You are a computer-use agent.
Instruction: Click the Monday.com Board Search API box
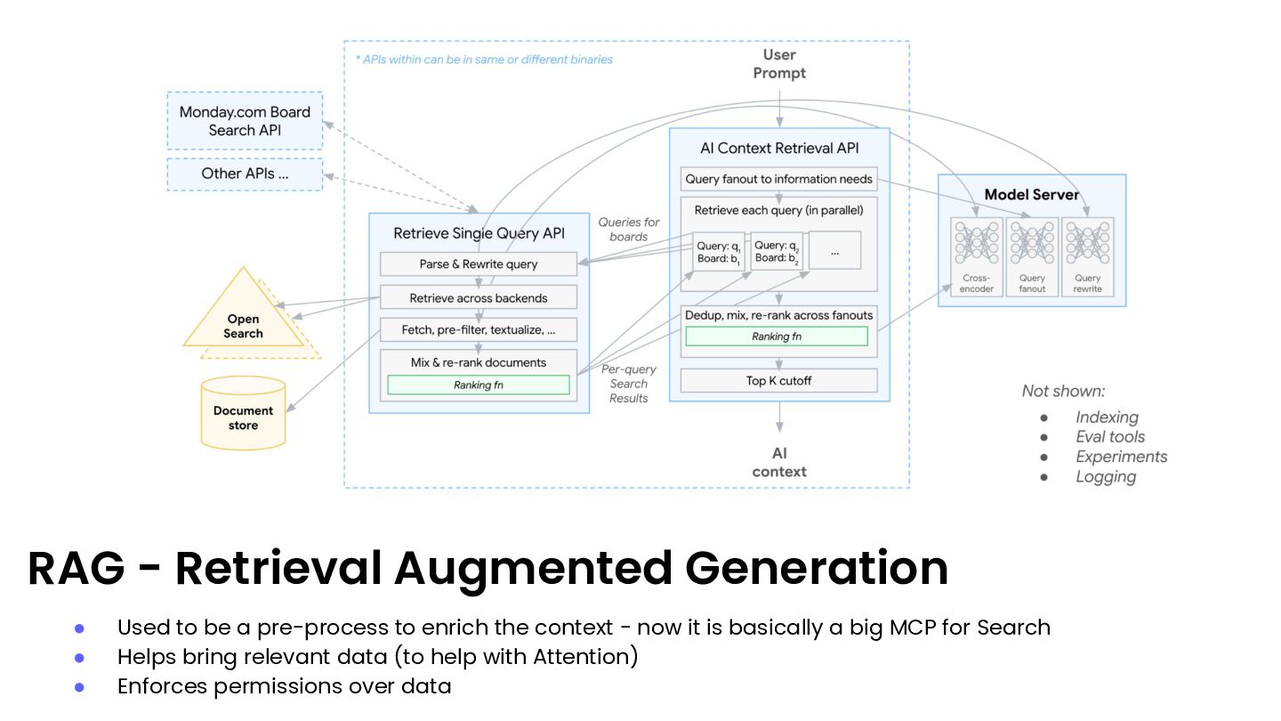(245, 121)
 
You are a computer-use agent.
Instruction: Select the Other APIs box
(245, 174)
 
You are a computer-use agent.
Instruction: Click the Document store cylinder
(243, 414)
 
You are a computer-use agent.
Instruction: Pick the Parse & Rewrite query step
(479, 264)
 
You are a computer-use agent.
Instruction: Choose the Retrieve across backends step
(479, 297)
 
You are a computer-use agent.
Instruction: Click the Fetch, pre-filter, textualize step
(479, 330)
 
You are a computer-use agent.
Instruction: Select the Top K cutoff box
(778, 381)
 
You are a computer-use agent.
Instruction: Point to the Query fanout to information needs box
(778, 179)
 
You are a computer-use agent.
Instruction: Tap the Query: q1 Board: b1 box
(719, 251)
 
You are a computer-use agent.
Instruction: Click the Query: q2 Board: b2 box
(777, 251)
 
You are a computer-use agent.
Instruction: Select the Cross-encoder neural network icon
(976, 244)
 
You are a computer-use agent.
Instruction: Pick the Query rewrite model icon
(1087, 244)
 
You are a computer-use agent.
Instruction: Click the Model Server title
(1032, 194)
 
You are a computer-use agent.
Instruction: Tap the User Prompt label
(779, 64)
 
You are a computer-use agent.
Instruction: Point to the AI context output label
(779, 463)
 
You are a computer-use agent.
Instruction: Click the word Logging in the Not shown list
(1106, 477)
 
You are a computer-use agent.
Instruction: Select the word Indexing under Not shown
(1107, 417)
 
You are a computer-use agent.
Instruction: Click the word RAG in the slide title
(76, 569)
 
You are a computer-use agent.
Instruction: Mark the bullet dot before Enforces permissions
(79, 687)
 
